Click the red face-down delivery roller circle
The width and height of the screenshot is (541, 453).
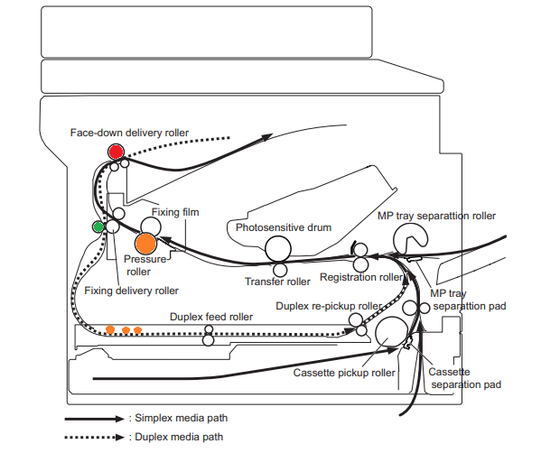tap(116, 152)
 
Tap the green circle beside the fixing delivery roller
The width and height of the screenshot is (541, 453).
tap(98, 226)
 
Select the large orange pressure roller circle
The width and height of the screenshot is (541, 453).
tap(145, 244)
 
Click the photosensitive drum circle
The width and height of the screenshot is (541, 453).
tap(278, 249)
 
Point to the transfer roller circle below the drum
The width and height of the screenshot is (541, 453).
tap(280, 270)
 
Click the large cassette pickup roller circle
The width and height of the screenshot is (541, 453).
tap(391, 332)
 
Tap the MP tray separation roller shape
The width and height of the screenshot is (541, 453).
tap(409, 238)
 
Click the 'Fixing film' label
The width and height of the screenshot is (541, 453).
tap(175, 212)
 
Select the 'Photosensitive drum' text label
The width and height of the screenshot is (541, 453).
tap(284, 227)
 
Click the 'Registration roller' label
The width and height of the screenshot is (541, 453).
tap(361, 277)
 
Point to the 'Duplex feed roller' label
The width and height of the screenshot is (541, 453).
tap(211, 317)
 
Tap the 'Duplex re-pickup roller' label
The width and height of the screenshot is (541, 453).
tap(329, 306)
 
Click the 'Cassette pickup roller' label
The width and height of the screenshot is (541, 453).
tap(344, 373)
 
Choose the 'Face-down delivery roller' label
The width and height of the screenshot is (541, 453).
tap(129, 133)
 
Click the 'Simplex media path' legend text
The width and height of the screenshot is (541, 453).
tap(182, 418)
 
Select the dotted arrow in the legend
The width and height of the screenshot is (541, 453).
tap(95, 437)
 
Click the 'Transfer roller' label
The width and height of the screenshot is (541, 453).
tap(277, 282)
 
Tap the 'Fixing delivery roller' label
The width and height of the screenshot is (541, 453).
tap(132, 291)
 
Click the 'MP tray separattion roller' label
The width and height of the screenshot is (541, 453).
tap(436, 216)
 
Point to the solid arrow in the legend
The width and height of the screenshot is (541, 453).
tap(95, 419)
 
